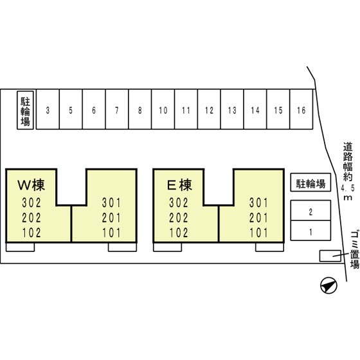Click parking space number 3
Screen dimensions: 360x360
click(x=48, y=109)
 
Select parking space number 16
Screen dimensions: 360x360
click(x=301, y=109)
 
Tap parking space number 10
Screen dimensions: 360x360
click(x=163, y=109)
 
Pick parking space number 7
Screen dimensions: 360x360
click(x=117, y=109)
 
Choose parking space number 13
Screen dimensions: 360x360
click(x=232, y=109)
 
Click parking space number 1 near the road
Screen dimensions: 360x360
click(x=310, y=231)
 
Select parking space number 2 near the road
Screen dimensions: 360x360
click(x=310, y=210)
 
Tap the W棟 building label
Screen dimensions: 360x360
click(x=32, y=185)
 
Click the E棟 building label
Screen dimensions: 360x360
click(x=179, y=185)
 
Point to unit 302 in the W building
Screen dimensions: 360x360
click(x=32, y=203)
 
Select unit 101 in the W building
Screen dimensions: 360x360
click(x=111, y=233)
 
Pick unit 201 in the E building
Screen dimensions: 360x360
click(x=258, y=218)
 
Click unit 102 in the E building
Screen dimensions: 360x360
click(x=179, y=233)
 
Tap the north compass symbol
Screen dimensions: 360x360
click(x=328, y=285)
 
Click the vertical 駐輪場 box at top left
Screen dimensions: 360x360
click(x=25, y=110)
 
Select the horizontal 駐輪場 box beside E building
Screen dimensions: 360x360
click(x=310, y=183)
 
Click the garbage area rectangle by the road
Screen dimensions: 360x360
click(x=330, y=256)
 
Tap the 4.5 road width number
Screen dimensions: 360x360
click(x=348, y=189)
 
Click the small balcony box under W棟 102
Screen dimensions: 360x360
click(x=20, y=247)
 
